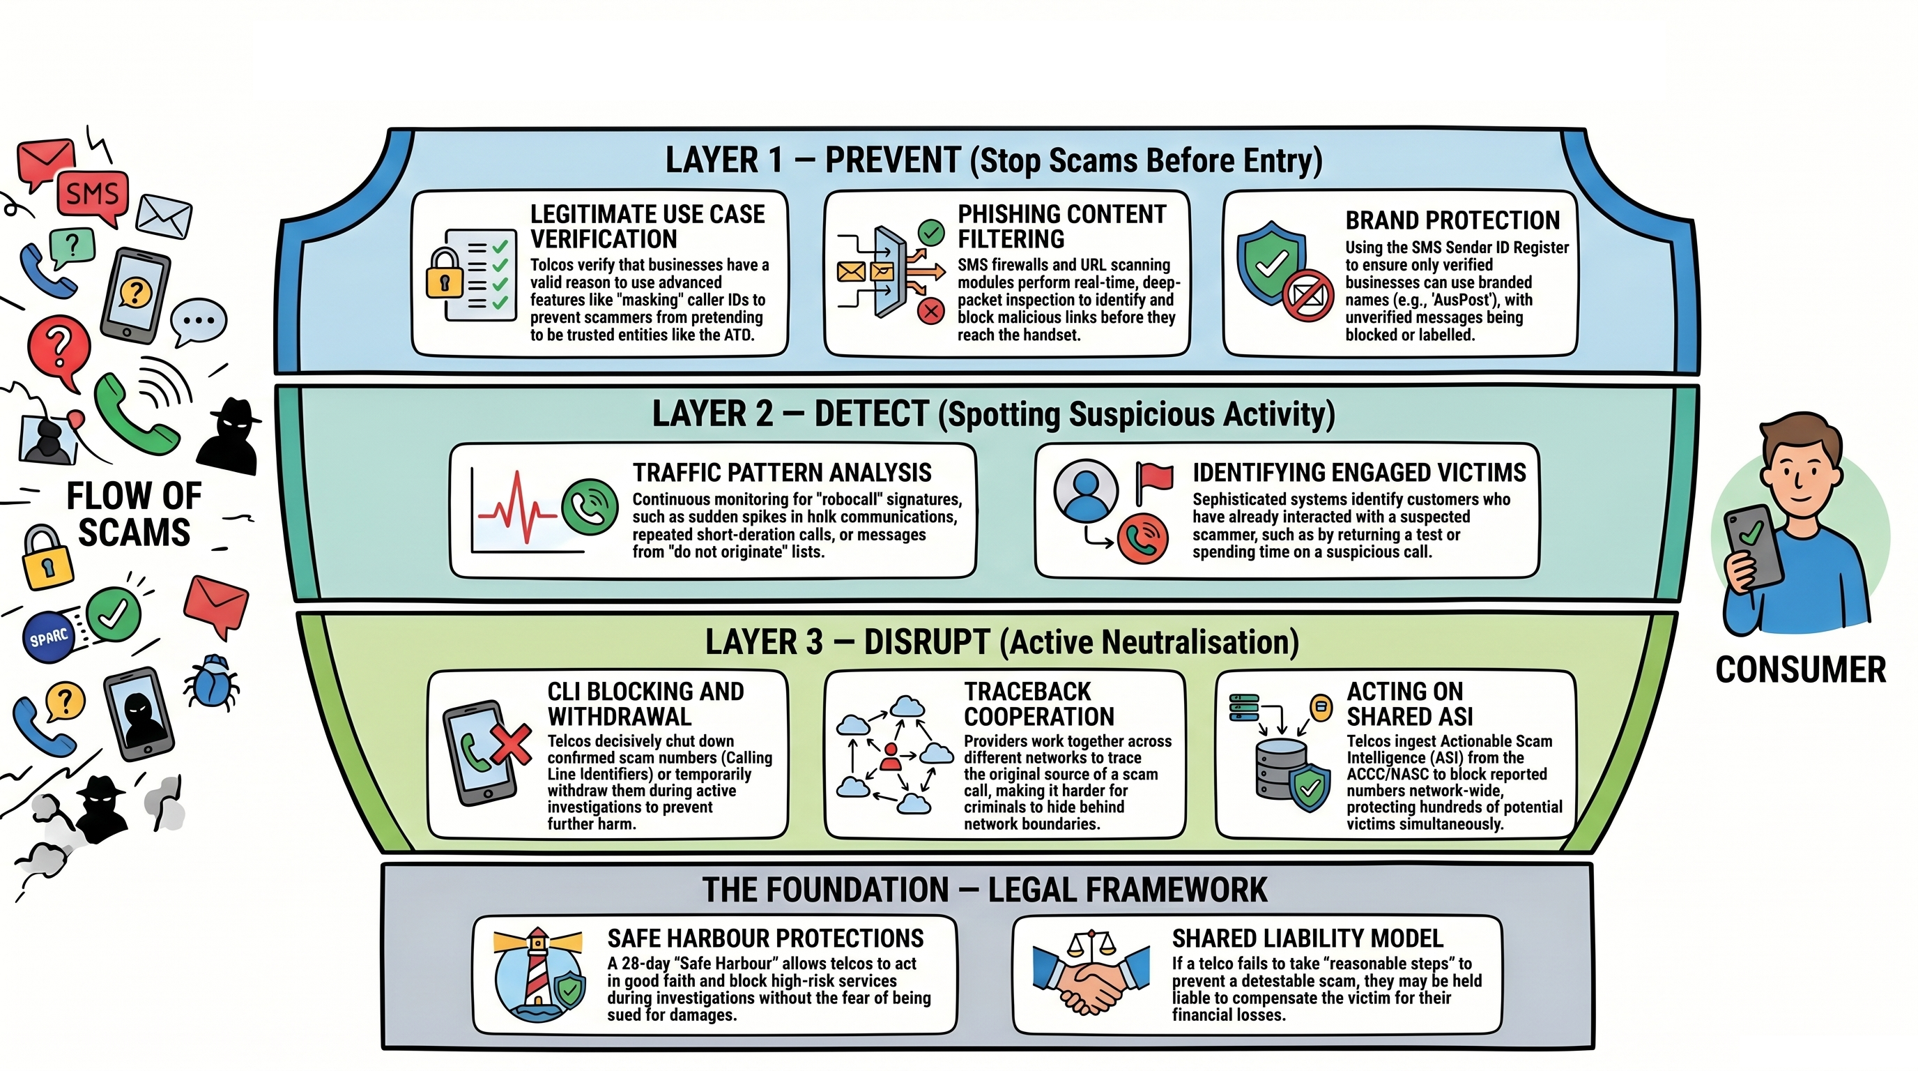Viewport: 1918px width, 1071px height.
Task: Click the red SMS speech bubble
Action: [92, 196]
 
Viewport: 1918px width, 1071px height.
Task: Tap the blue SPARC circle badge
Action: [50, 637]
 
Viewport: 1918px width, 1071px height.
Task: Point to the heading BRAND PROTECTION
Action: [1452, 220]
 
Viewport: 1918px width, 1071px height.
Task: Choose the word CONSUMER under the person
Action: [1800, 669]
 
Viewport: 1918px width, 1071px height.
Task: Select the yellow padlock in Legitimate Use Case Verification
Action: [445, 274]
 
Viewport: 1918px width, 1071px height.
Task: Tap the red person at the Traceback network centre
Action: [890, 757]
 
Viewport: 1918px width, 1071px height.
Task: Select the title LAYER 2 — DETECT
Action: [791, 414]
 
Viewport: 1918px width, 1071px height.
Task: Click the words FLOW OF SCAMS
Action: [134, 514]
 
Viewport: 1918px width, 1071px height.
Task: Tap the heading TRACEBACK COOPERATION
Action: [1038, 704]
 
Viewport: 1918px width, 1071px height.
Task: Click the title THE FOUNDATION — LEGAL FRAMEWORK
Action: [984, 890]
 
